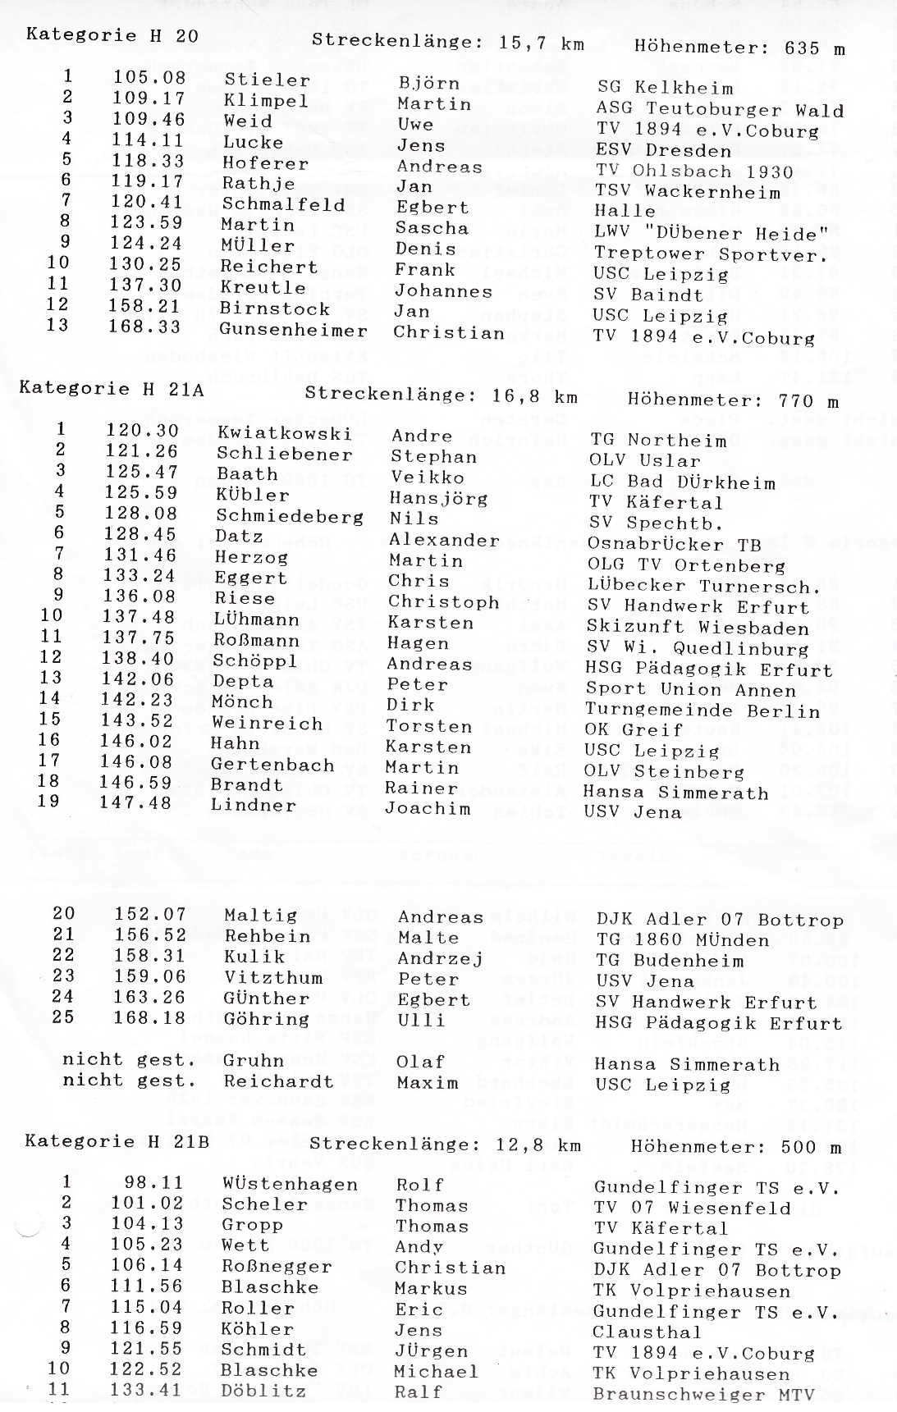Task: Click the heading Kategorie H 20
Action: click(112, 35)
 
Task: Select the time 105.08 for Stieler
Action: click(149, 79)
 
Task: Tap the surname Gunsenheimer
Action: click(293, 331)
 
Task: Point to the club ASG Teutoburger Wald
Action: click(720, 110)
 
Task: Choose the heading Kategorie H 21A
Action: click(111, 388)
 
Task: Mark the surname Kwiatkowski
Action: click(284, 433)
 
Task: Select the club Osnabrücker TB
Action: click(675, 544)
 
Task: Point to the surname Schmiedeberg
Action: click(289, 517)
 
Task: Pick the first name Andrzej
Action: click(440, 958)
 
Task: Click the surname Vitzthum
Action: click(267, 977)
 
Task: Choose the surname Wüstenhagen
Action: click(290, 1184)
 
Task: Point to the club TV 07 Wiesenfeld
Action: click(693, 1208)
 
